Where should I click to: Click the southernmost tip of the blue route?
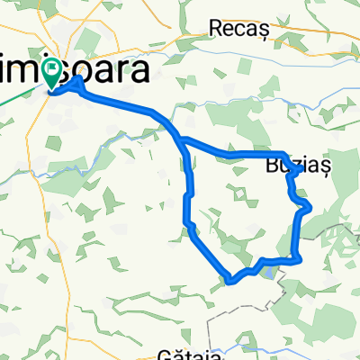pyautogui.click(x=232, y=281)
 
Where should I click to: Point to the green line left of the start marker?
pyautogui.click(x=22, y=91)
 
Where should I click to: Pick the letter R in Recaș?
pyautogui.click(x=214, y=29)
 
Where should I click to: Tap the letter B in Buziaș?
pyautogui.click(x=272, y=167)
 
